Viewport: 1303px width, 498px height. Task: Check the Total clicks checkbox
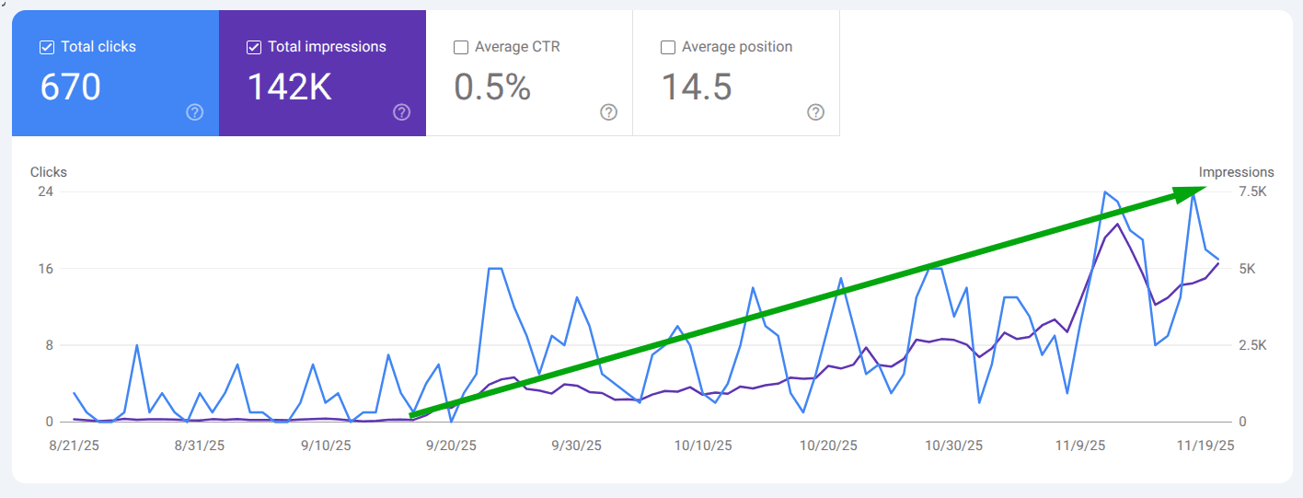pyautogui.click(x=47, y=47)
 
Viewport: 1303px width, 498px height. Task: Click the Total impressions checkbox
pyautogui.click(x=254, y=47)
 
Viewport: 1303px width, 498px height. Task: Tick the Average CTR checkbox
pyautogui.click(x=461, y=47)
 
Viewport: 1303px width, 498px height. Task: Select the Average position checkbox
pyautogui.click(x=668, y=47)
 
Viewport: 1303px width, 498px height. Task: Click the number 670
pyautogui.click(x=71, y=87)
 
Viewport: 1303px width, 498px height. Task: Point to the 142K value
pyautogui.click(x=290, y=87)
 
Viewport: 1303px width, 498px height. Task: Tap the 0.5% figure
pyautogui.click(x=492, y=87)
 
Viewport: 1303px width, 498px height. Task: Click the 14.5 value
pyautogui.click(x=697, y=87)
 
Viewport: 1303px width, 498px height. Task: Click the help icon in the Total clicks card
pyautogui.click(x=194, y=112)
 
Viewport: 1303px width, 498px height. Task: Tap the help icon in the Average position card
pyautogui.click(x=815, y=112)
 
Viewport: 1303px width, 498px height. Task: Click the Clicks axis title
pyautogui.click(x=49, y=172)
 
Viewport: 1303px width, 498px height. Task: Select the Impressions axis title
pyautogui.click(x=1236, y=172)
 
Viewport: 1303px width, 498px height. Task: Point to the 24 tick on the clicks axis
pyautogui.click(x=45, y=191)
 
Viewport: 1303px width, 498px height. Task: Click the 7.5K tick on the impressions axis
pyautogui.click(x=1252, y=191)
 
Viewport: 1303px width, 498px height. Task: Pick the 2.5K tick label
pyautogui.click(x=1252, y=345)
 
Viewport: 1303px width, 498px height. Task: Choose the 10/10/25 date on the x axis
pyautogui.click(x=702, y=446)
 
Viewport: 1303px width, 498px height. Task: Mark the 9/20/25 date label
pyautogui.click(x=450, y=446)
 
